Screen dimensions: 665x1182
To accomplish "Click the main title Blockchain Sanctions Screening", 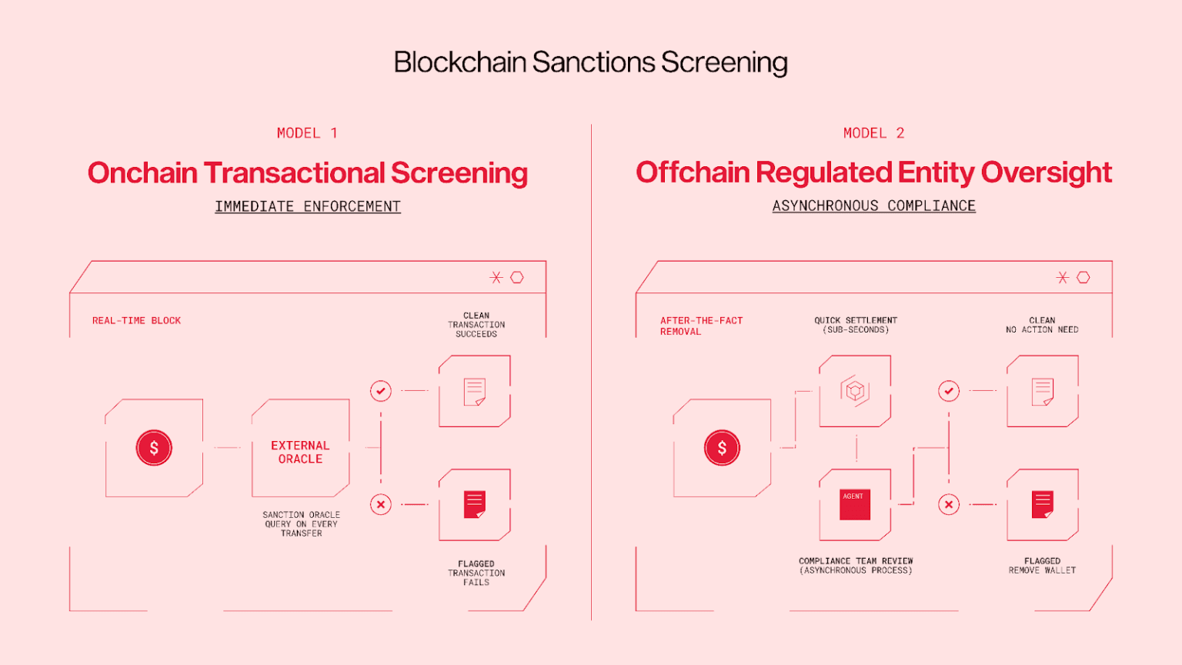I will click(590, 62).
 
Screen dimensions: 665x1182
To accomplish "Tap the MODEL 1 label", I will click(307, 133).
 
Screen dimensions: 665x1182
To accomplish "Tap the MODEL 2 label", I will click(873, 133).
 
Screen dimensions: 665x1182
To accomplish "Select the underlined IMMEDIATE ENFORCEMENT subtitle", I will click(308, 206).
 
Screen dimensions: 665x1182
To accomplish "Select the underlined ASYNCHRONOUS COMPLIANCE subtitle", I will click(874, 206).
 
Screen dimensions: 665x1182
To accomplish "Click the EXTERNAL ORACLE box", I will click(300, 452).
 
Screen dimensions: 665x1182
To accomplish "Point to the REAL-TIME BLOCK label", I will click(136, 320).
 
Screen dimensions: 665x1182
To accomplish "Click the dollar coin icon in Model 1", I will click(154, 448).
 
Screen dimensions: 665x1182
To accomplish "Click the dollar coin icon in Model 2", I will click(722, 448).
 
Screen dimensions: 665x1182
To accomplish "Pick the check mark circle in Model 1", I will click(381, 391).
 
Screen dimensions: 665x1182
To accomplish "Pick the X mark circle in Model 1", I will click(381, 504).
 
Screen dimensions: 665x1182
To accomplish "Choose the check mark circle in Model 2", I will click(949, 391).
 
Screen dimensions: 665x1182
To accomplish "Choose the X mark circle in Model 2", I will click(949, 504).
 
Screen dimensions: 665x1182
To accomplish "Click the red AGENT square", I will click(855, 505).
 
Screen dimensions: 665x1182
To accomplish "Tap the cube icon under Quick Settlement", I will click(854, 391).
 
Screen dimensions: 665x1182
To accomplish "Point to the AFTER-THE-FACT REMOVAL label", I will click(701, 326).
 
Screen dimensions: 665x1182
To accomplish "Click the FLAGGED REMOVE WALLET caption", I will click(1042, 566).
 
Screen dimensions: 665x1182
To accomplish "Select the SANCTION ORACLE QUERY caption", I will click(301, 524).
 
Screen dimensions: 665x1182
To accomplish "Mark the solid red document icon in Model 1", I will click(475, 505).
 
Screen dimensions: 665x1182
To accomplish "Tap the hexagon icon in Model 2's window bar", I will click(1083, 277).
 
